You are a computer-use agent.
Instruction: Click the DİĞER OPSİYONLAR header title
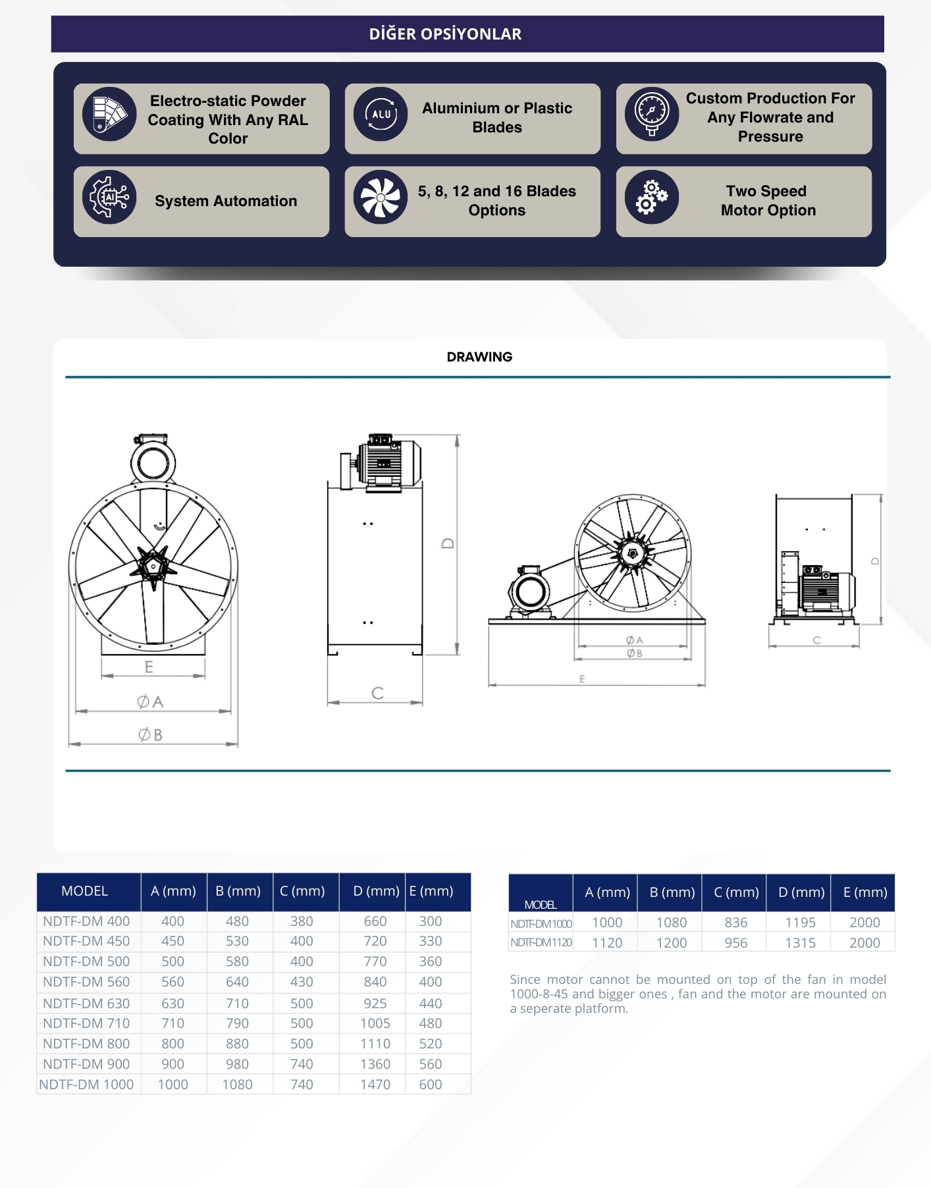445,34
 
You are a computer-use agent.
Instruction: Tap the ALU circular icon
381,114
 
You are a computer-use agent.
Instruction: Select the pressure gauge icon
652,114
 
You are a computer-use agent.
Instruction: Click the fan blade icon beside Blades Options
381,197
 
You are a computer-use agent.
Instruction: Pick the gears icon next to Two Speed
652,197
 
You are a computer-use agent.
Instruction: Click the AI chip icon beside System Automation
109,197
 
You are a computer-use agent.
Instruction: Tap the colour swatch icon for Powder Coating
109,114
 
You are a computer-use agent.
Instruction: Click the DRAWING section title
479,357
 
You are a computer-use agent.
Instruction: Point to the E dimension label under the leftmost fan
149,667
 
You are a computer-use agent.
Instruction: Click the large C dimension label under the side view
377,693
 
